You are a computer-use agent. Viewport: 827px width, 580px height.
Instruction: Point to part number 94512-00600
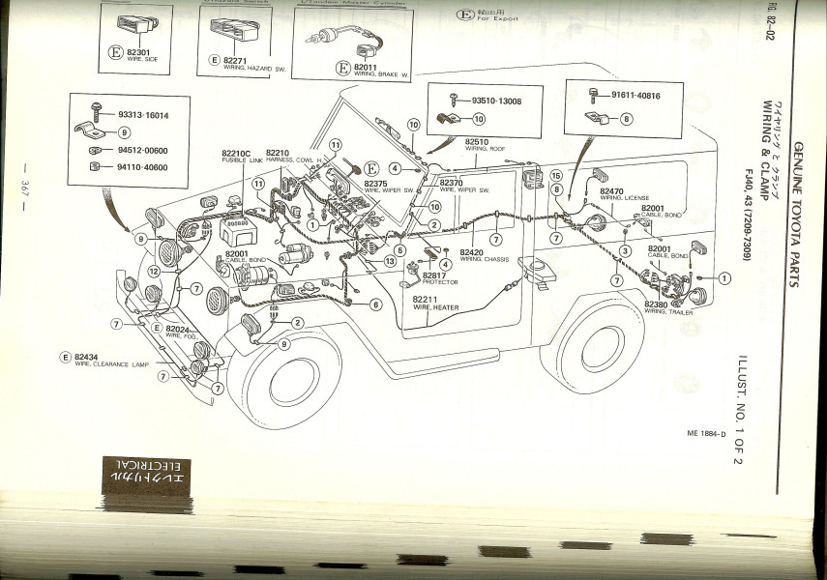pyautogui.click(x=142, y=151)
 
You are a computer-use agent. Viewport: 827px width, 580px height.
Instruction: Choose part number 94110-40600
pyautogui.click(x=142, y=166)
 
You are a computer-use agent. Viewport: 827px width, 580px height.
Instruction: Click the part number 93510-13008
pyautogui.click(x=496, y=101)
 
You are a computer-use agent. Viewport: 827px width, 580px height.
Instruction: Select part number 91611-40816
pyautogui.click(x=635, y=96)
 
